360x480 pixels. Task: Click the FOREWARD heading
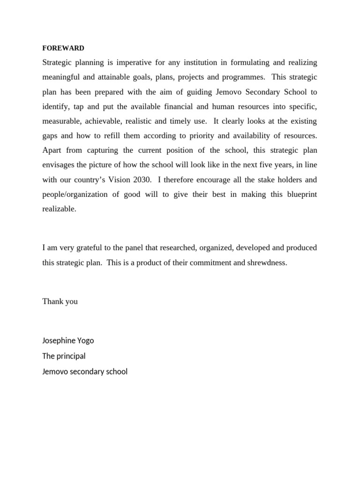coord(63,48)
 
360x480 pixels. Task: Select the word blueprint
coord(300,195)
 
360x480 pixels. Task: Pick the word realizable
coord(59,209)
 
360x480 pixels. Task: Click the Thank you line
coord(60,301)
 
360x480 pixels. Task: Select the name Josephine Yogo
coord(71,340)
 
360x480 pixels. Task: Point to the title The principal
coord(64,356)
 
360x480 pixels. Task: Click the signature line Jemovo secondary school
coord(85,371)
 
